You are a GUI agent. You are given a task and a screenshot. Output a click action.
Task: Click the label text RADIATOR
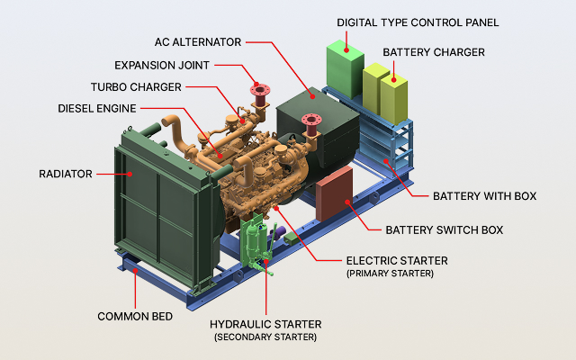click(64, 173)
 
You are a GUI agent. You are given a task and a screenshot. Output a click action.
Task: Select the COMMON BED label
click(136, 317)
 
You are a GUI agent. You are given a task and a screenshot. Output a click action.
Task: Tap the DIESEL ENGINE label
click(97, 108)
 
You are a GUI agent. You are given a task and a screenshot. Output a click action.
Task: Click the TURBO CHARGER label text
click(136, 86)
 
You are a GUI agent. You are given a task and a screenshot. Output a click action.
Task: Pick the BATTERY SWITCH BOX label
click(444, 229)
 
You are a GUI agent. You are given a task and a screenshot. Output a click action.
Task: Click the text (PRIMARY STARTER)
click(390, 273)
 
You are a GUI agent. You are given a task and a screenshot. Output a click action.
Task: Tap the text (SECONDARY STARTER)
click(265, 337)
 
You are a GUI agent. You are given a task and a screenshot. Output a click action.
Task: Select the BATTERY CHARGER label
click(434, 52)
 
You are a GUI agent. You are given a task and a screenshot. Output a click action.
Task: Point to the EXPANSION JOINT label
click(163, 65)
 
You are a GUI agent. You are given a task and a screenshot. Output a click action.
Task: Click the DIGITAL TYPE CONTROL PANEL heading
click(418, 22)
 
